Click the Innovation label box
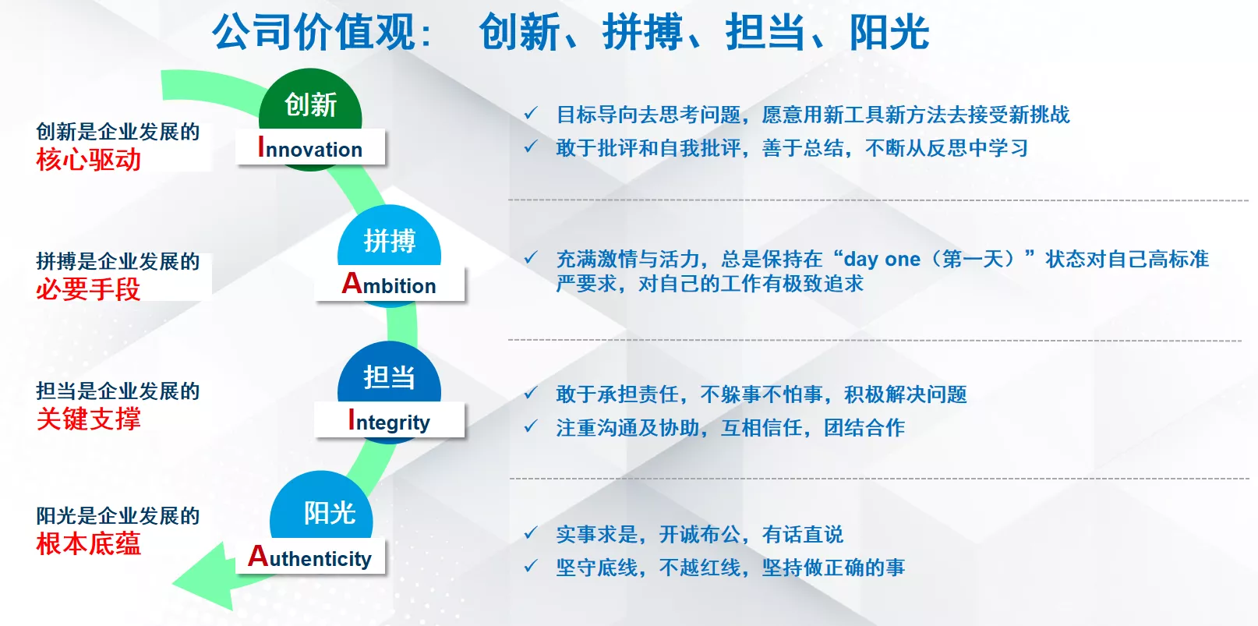pyautogui.click(x=310, y=147)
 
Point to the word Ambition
pyautogui.click(x=389, y=284)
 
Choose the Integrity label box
pyautogui.click(x=389, y=419)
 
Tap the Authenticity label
pyautogui.click(x=310, y=557)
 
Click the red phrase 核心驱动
pyautogui.click(x=89, y=160)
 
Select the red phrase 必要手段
pyautogui.click(x=89, y=289)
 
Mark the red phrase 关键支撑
pyautogui.click(x=89, y=419)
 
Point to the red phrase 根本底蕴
pyautogui.click(x=89, y=544)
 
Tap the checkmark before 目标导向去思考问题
pyautogui.click(x=531, y=114)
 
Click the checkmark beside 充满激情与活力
pyautogui.click(x=531, y=258)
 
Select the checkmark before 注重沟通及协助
pyautogui.click(x=531, y=426)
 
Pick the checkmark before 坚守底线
pyautogui.click(x=531, y=566)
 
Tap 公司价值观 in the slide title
pyautogui.click(x=313, y=32)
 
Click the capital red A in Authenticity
pyautogui.click(x=258, y=556)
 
